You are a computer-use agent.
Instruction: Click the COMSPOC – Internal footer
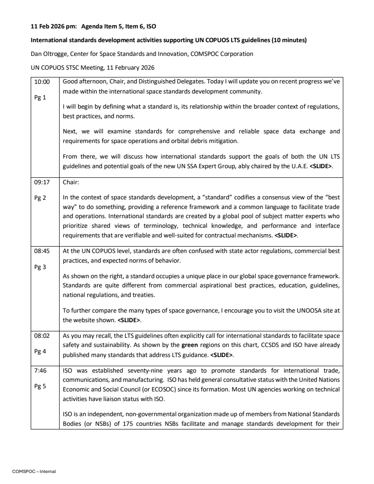pos(34,471)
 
